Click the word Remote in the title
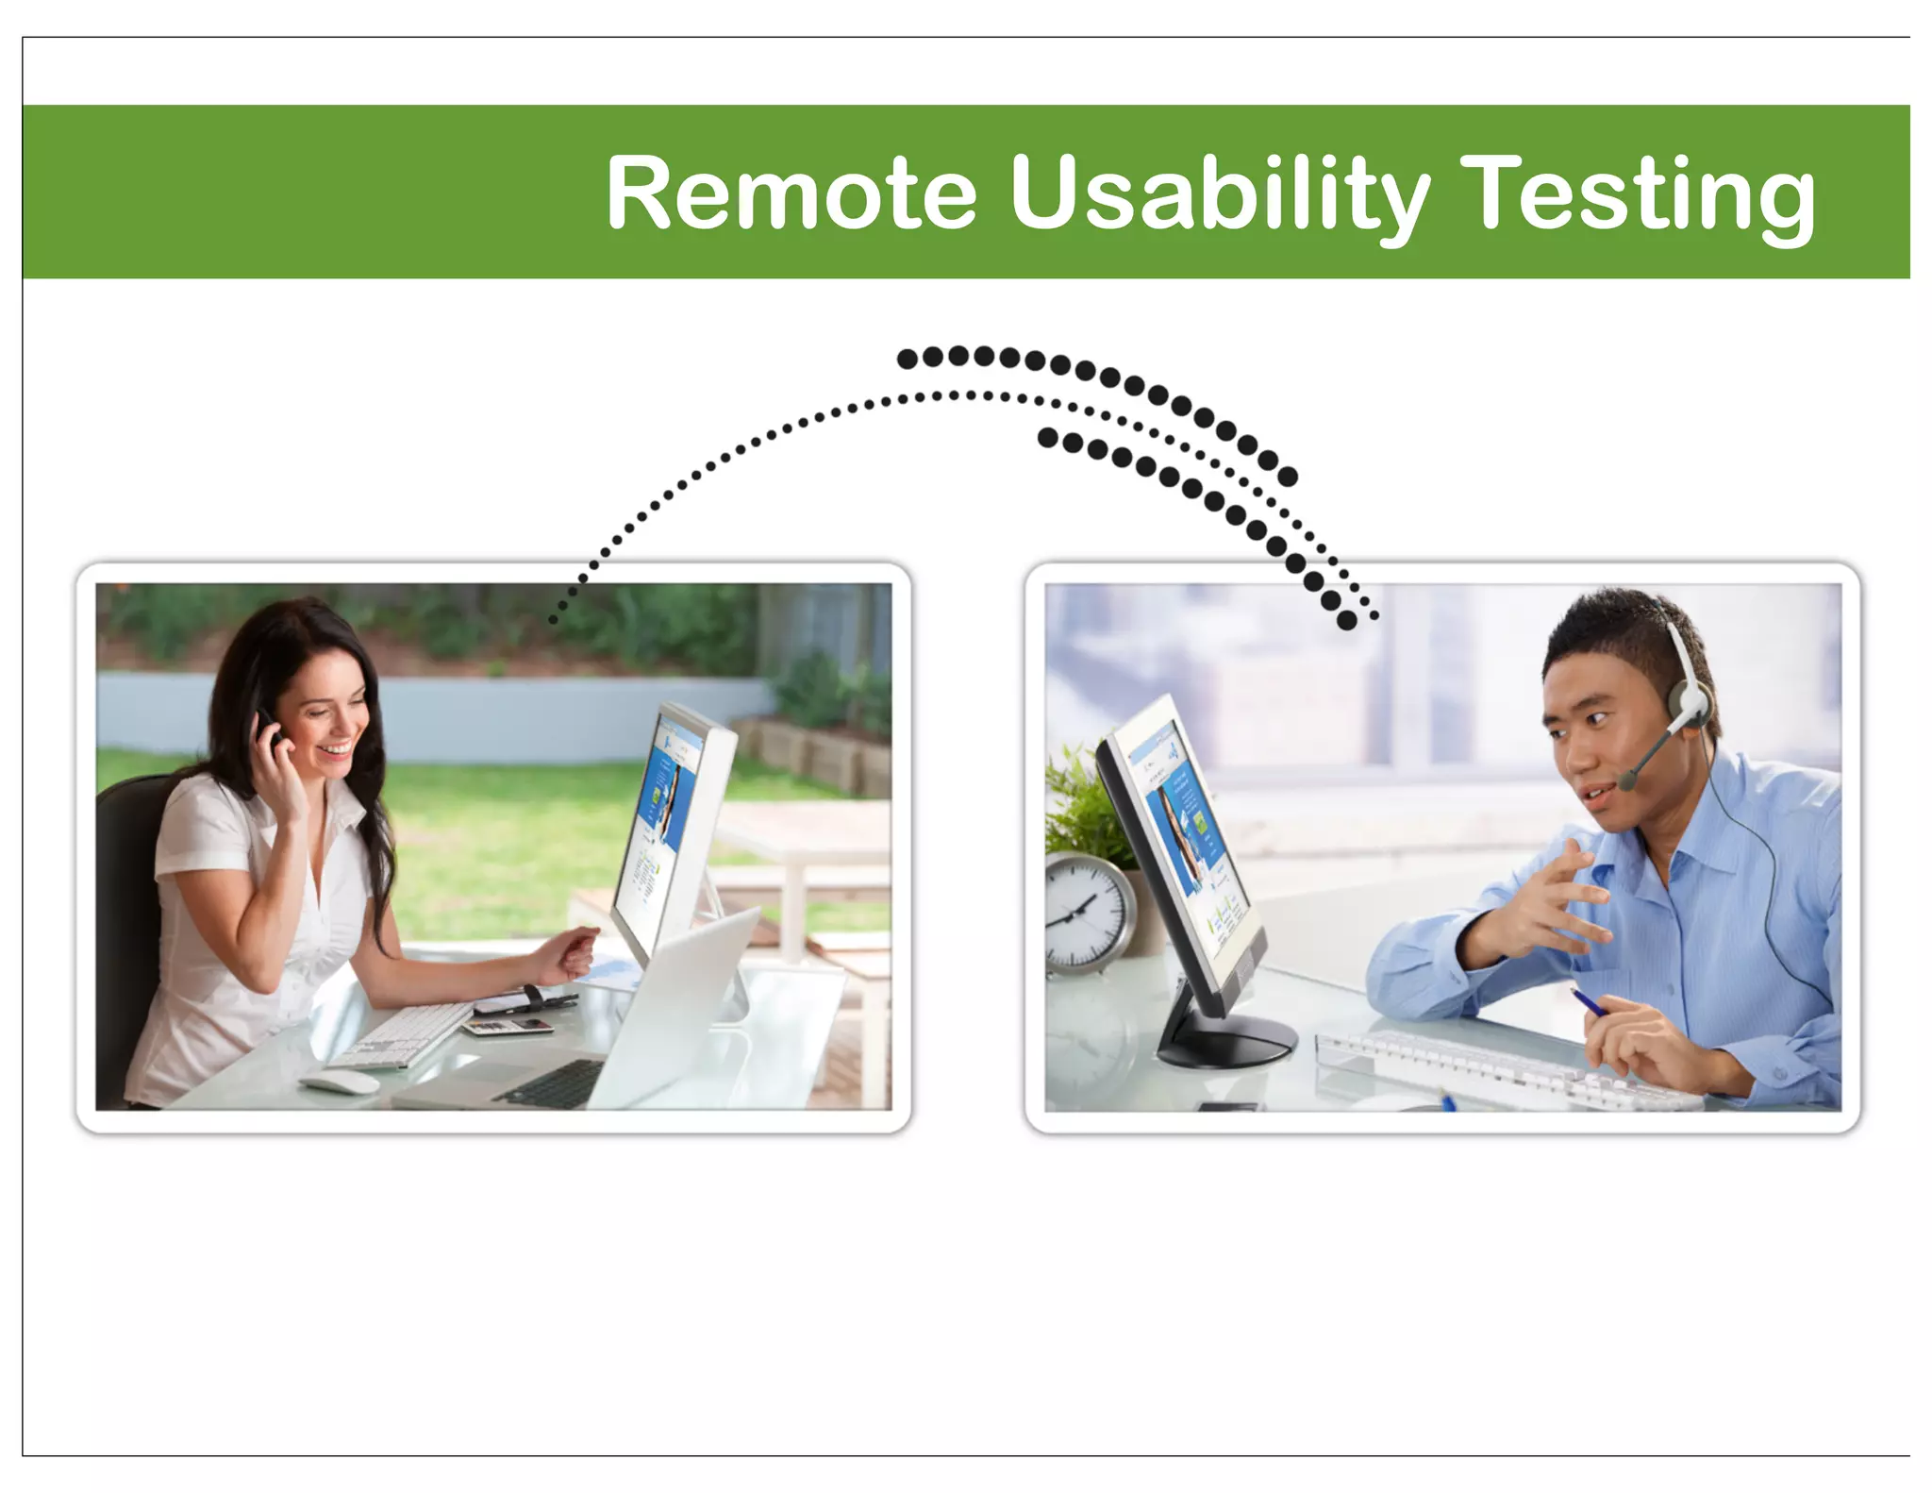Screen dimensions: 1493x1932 tap(791, 193)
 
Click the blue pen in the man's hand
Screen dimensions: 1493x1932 tap(1590, 1001)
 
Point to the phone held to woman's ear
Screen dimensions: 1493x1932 tap(268, 731)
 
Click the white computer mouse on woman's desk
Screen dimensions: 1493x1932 tap(340, 1082)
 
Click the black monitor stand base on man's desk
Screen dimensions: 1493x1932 tap(1226, 1043)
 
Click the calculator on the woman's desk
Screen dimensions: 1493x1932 tap(509, 1026)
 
